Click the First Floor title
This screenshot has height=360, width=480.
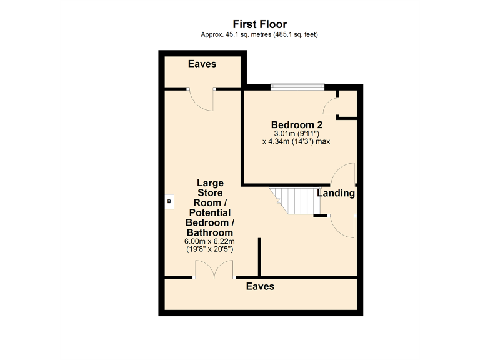coord(259,24)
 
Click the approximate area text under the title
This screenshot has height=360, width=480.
coord(259,34)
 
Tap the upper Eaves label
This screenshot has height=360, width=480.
coord(202,64)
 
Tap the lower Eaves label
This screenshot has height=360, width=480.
coord(260,287)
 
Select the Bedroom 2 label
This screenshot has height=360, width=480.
coord(296,124)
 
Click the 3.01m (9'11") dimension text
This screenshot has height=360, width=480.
coord(296,133)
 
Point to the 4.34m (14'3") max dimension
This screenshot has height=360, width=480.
coord(296,142)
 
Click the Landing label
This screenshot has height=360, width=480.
coord(336,194)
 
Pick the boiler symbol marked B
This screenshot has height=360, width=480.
coord(168,202)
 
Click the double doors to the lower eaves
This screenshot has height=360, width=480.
coord(214,270)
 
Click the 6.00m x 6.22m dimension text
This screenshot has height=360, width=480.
coord(210,242)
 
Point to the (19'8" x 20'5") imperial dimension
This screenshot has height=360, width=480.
coord(210,249)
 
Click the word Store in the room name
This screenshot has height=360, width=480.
coord(210,193)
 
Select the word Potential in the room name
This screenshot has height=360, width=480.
coord(210,213)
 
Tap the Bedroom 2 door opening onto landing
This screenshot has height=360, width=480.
coord(344,174)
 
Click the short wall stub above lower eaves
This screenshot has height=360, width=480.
coord(259,256)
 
